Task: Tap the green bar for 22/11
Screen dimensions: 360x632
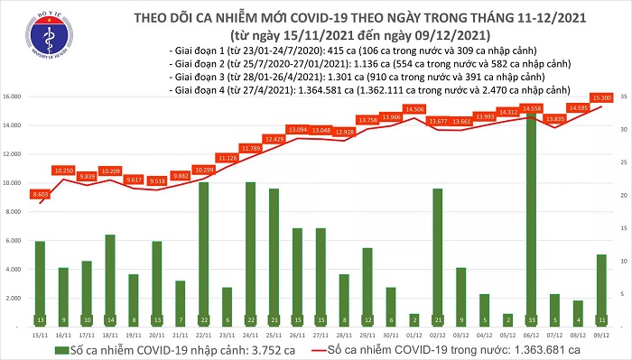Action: (203, 253)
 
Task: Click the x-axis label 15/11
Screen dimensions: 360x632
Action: (40, 334)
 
